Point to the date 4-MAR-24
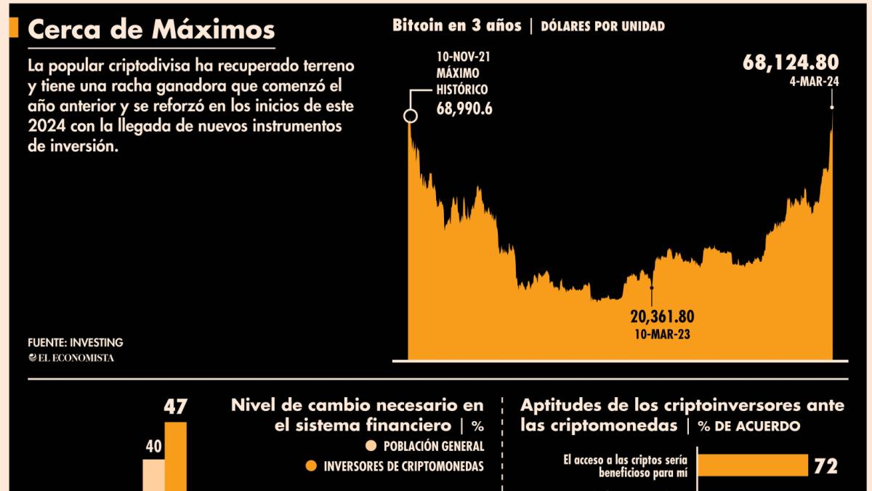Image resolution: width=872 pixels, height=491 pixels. [814, 82]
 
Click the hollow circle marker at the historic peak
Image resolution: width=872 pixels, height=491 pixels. [411, 116]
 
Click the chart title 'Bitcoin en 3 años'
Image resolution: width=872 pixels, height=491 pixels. [456, 25]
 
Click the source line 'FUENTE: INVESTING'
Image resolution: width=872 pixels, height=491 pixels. [75, 342]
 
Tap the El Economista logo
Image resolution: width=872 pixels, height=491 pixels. [70, 357]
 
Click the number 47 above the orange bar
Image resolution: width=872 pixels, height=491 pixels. [175, 407]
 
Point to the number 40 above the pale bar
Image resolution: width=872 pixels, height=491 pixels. [153, 446]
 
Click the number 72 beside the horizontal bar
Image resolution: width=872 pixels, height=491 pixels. [826, 466]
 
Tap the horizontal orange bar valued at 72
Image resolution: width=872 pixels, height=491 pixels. [753, 465]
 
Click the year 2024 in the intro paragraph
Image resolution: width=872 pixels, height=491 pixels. [44, 127]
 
